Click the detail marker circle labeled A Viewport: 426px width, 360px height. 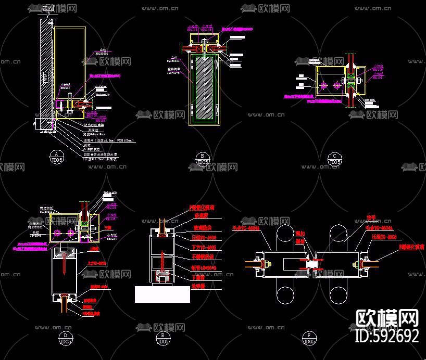click(x=56, y=154)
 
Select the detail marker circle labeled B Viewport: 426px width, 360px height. click(x=202, y=157)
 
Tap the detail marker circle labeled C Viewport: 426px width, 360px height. click(x=336, y=157)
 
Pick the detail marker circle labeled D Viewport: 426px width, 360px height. click(x=66, y=336)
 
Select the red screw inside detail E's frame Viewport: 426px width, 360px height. click(x=163, y=260)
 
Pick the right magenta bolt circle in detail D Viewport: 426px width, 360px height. click(x=68, y=231)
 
